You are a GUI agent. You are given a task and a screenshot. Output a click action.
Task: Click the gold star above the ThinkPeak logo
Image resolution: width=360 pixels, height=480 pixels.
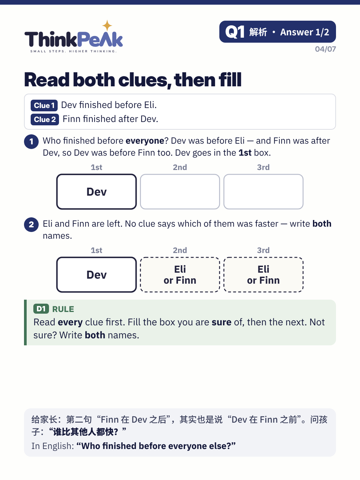pyautogui.click(x=107, y=26)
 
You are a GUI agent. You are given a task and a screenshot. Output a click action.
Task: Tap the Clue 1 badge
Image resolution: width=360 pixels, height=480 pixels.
pyautogui.click(x=44, y=105)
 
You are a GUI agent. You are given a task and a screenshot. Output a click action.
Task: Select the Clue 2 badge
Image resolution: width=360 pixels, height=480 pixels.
pyautogui.click(x=45, y=119)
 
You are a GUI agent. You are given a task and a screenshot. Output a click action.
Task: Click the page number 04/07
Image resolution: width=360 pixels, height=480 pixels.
pyautogui.click(x=325, y=49)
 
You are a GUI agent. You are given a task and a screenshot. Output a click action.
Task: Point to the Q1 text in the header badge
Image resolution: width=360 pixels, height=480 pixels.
pyautogui.click(x=235, y=32)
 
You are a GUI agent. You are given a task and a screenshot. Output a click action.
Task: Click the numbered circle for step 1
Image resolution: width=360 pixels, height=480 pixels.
pyautogui.click(x=31, y=141)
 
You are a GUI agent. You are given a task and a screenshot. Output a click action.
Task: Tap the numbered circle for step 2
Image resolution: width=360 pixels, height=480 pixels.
pyautogui.click(x=31, y=224)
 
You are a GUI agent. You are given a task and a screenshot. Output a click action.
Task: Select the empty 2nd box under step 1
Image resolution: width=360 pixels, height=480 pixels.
pyautogui.click(x=180, y=192)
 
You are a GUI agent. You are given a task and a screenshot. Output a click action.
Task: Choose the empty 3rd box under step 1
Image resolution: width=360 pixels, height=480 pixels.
pyautogui.click(x=263, y=192)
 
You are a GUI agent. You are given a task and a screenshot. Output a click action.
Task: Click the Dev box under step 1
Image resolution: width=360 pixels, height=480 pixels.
pyautogui.click(x=96, y=192)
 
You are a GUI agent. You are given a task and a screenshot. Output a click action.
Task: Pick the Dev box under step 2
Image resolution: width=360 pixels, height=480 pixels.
pyautogui.click(x=96, y=275)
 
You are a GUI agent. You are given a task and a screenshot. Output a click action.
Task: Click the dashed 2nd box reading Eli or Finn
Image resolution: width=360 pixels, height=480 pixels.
pyautogui.click(x=180, y=275)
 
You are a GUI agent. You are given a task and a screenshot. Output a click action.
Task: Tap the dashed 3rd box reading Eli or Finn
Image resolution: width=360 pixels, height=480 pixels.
pyautogui.click(x=263, y=275)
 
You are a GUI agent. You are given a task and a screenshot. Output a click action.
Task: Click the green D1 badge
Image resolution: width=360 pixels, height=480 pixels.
pyautogui.click(x=41, y=309)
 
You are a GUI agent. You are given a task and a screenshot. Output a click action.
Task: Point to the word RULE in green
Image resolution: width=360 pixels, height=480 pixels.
pyautogui.click(x=63, y=309)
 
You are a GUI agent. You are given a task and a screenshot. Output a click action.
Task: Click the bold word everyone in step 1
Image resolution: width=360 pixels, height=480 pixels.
pyautogui.click(x=145, y=141)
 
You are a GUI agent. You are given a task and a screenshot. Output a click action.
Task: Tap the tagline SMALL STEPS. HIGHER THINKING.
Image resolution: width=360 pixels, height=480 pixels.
pyautogui.click(x=73, y=51)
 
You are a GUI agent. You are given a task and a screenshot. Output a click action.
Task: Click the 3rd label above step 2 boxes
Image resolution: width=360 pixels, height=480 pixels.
pyautogui.click(x=263, y=250)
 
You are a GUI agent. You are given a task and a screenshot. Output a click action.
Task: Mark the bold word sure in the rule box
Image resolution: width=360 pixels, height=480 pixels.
pyautogui.click(x=221, y=322)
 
